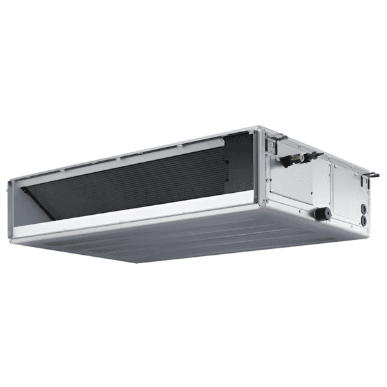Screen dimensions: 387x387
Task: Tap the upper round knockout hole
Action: (363, 208)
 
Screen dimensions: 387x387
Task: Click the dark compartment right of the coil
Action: (242, 161)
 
